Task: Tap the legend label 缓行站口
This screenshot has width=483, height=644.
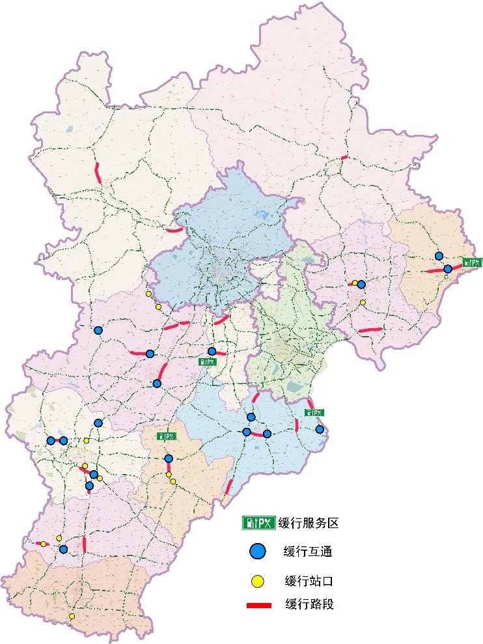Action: (309, 580)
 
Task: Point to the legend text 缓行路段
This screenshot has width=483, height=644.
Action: (309, 604)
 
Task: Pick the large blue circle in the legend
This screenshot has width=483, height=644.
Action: (258, 552)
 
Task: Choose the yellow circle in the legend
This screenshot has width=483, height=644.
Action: (258, 580)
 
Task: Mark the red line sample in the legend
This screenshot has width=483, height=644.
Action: (258, 605)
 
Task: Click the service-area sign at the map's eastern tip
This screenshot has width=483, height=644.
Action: (472, 262)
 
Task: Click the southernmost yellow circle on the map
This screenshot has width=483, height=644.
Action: (72, 616)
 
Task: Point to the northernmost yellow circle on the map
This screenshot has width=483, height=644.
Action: (148, 294)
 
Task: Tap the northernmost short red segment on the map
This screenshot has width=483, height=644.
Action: (345, 157)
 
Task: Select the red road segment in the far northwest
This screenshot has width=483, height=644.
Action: (98, 173)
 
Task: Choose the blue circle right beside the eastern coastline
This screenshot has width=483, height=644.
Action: (320, 429)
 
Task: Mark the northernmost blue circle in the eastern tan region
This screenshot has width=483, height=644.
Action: (439, 256)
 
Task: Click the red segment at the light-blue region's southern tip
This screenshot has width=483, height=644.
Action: (228, 486)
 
